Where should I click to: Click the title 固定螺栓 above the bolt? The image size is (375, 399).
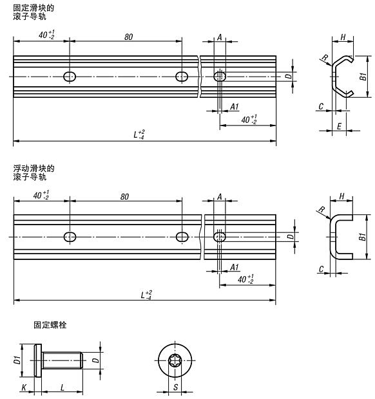tap(50, 326)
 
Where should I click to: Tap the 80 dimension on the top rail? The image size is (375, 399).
tap(128, 37)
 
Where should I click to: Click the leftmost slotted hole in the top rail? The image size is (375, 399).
tap(70, 77)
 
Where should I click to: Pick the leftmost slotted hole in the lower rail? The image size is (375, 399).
tap(70, 236)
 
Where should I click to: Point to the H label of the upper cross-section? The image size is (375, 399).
tap(344, 37)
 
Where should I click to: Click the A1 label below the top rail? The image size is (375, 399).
tap(235, 106)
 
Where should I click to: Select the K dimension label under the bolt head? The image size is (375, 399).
tap(24, 388)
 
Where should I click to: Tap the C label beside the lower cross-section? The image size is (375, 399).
tap(320, 269)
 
